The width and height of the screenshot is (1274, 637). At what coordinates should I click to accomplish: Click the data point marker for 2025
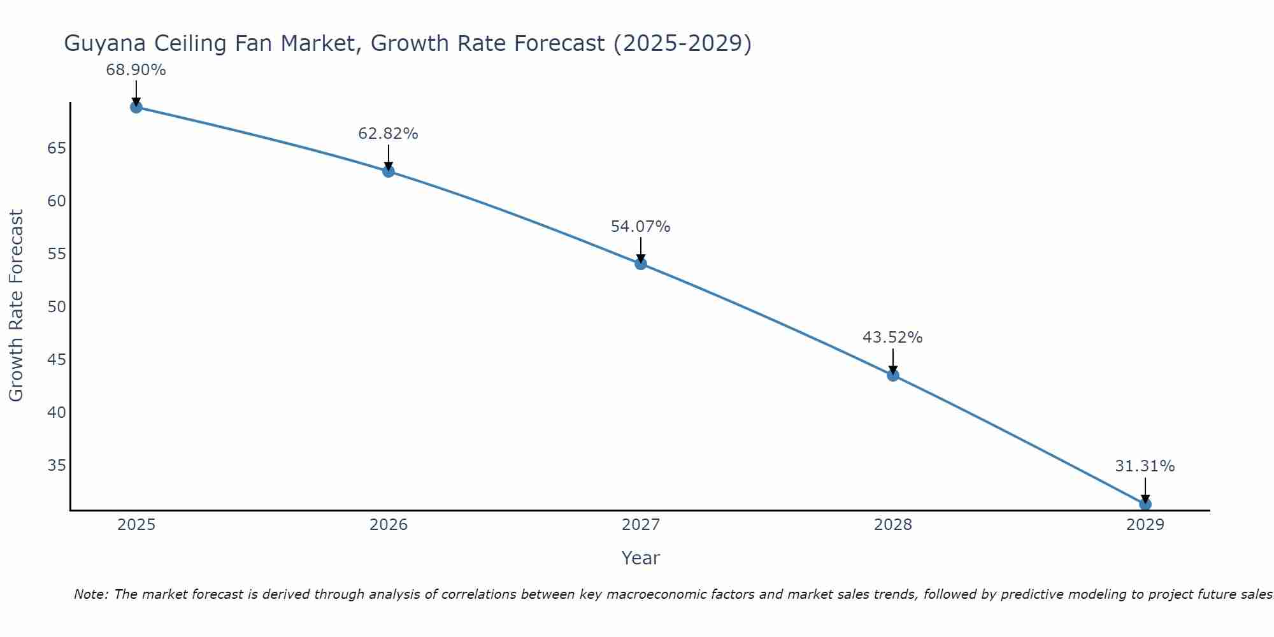(136, 107)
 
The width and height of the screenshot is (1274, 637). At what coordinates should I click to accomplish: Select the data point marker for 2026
(389, 171)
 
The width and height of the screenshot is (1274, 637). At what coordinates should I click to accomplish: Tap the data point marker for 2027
(641, 264)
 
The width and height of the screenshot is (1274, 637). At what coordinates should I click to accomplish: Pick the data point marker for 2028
(893, 375)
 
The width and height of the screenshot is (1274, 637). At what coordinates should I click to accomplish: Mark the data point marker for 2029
(1145, 504)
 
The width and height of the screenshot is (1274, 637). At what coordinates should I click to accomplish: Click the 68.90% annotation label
(136, 70)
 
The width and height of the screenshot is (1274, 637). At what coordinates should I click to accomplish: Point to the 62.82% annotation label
(388, 134)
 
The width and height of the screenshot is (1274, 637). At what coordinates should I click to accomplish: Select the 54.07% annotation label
(640, 227)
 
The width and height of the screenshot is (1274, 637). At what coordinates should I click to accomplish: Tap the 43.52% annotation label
(892, 338)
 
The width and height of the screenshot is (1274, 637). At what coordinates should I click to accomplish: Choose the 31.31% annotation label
(1145, 466)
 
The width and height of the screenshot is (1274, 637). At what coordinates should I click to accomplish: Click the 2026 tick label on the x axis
(389, 525)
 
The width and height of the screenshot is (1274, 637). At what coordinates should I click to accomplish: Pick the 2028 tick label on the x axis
(893, 525)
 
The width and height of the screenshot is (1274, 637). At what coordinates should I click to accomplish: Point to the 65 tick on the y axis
(57, 148)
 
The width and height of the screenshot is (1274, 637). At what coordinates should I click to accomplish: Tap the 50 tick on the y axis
(57, 307)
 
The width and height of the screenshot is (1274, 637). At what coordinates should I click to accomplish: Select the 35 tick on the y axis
(57, 466)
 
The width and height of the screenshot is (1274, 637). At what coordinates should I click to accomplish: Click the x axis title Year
(640, 558)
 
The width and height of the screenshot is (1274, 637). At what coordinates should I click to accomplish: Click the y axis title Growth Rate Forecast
(16, 305)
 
